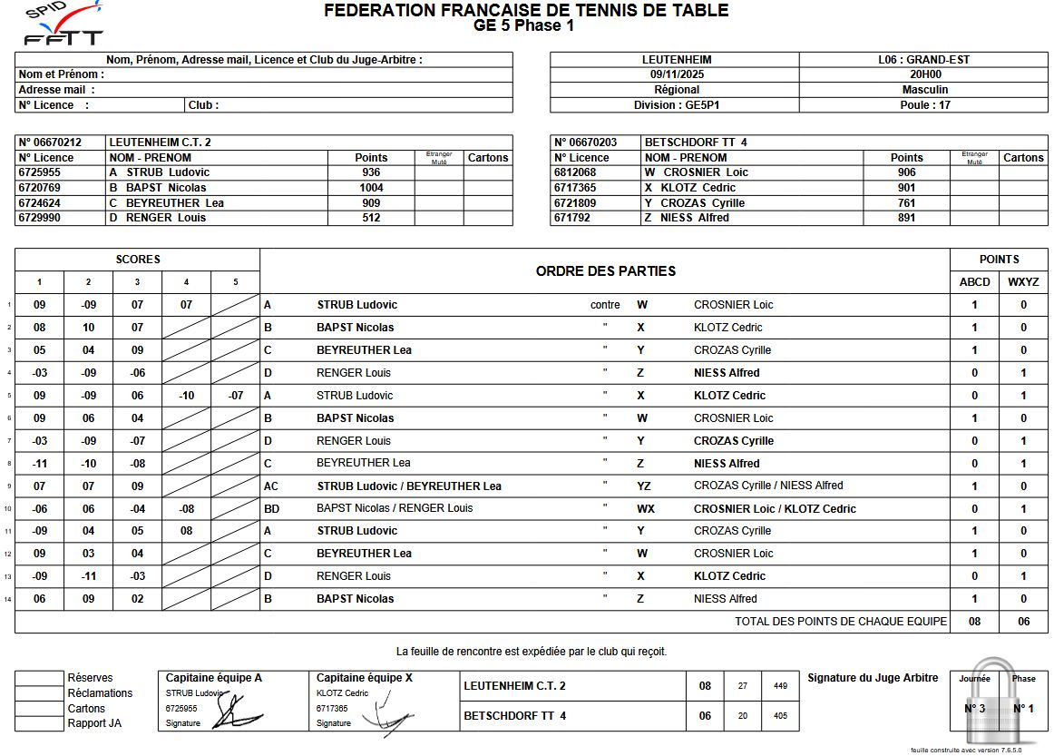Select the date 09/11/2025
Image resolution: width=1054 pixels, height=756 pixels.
tap(676, 74)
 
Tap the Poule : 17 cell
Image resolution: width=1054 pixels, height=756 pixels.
tap(924, 104)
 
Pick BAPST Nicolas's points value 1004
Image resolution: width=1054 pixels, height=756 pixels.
tap(371, 188)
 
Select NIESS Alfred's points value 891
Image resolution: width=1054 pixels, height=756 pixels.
tap(906, 218)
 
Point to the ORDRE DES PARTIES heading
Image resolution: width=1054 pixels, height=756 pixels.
tap(605, 271)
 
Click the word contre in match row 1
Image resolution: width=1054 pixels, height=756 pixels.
tap(605, 305)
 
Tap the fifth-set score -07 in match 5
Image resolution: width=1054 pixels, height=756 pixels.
tap(235, 396)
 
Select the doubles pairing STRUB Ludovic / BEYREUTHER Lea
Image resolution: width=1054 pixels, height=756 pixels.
tap(409, 486)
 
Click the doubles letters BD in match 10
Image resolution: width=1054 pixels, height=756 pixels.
tap(271, 509)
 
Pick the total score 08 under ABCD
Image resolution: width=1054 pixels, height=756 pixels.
tap(975, 622)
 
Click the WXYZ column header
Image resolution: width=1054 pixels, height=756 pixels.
tap(1023, 282)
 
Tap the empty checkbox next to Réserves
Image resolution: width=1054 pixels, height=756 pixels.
tap(40, 678)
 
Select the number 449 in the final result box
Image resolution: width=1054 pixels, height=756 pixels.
tap(780, 686)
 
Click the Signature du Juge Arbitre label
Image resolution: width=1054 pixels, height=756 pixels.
tap(873, 678)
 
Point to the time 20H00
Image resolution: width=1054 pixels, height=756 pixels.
tap(924, 74)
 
